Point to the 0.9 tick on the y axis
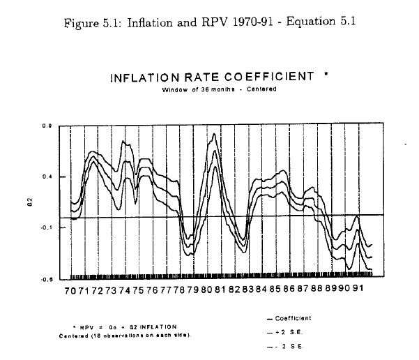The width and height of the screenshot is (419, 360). coord(45,126)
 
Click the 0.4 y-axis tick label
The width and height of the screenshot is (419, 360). coord(45,177)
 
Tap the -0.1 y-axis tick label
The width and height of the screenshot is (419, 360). coord(44,227)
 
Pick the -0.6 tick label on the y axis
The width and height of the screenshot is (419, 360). coord(44,279)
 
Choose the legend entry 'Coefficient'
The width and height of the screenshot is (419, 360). coord(291,318)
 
